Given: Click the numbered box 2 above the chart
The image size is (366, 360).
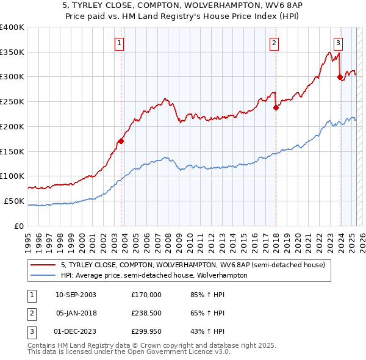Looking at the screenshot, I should click(274, 43).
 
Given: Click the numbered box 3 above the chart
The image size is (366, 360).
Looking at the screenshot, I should click(338, 43).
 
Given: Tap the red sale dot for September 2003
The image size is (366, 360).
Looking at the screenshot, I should click(121, 141).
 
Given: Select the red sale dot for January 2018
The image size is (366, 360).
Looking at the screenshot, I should click(276, 107).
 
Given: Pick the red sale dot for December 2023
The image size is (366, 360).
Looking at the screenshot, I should click(340, 77).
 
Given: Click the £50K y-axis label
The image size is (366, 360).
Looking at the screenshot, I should click(14, 201).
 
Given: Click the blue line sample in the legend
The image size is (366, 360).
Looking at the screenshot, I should click(44, 275).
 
